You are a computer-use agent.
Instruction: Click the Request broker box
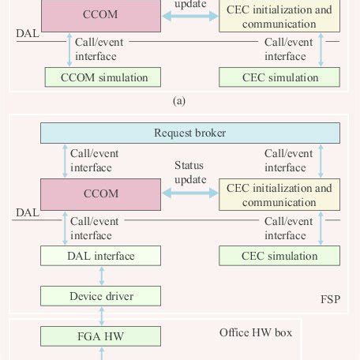[189, 133]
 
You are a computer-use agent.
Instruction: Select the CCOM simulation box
[101, 77]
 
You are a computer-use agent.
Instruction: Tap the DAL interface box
[101, 256]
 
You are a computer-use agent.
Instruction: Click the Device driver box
[101, 296]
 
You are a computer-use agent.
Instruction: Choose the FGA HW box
[101, 337]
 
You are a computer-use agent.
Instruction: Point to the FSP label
[329, 301]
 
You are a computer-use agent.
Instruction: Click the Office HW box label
[255, 332]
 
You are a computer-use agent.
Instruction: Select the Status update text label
[189, 173]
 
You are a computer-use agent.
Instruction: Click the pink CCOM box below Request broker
[101, 193]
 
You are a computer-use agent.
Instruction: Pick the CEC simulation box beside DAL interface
[279, 256]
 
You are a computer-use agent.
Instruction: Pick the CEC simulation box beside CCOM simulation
[279, 77]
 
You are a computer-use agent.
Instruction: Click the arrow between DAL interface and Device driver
[101, 276]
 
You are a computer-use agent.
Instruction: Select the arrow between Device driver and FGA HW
[101, 317]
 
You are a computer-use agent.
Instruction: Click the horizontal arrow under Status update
[189, 193]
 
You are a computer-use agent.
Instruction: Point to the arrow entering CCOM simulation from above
[69, 51]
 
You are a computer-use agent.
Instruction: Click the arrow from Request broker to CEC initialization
[321, 161]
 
